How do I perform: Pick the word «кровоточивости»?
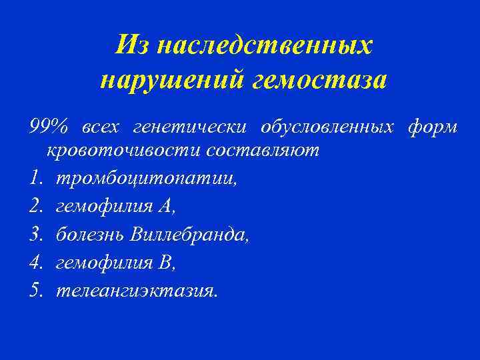[x=124, y=150]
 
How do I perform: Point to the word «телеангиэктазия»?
[x=137, y=291]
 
